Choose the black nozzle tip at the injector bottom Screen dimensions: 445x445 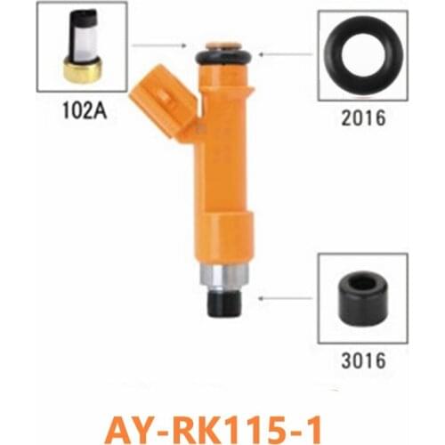(x=222, y=302)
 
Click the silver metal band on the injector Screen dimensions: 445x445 (x=222, y=276)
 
